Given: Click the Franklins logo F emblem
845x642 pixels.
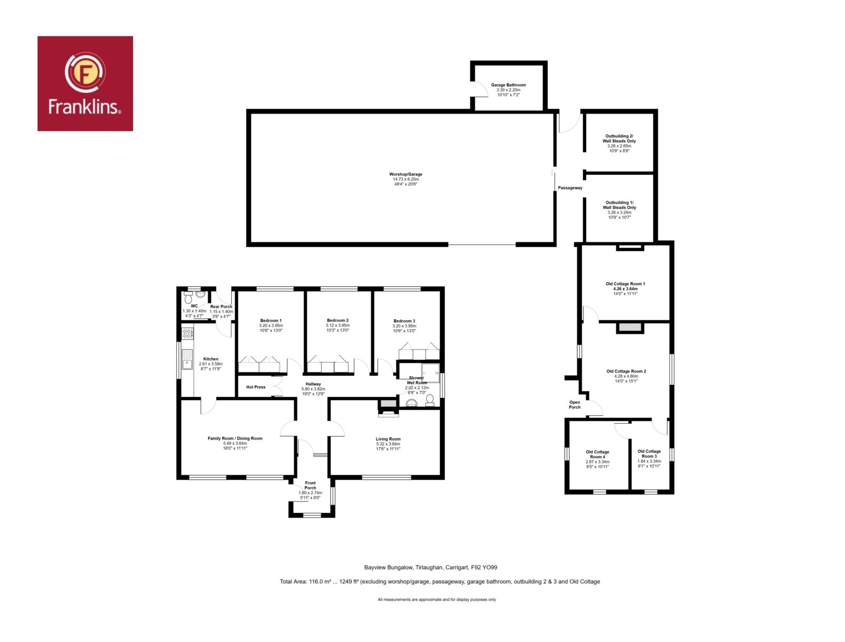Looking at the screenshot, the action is pyautogui.click(x=85, y=72).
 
